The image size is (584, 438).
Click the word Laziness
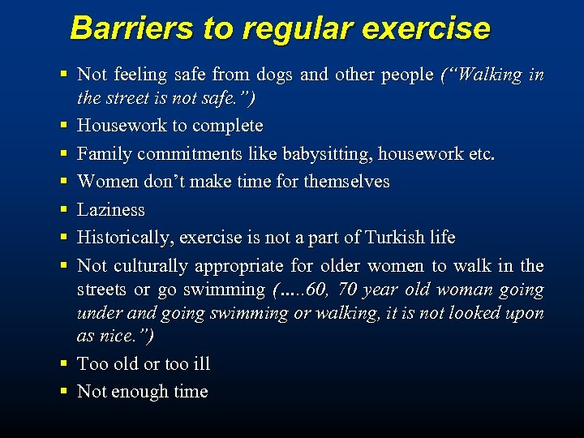111,210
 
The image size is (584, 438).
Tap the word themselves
346,182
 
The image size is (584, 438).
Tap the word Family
104,154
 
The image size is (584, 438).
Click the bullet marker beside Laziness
62,210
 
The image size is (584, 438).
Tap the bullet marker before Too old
62,364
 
